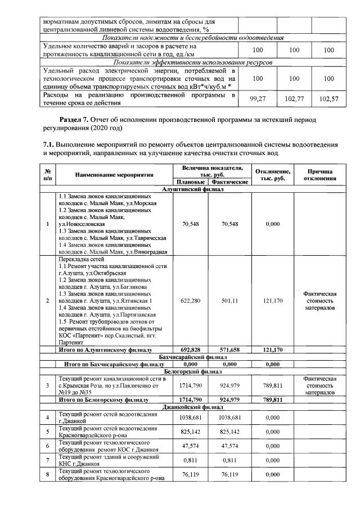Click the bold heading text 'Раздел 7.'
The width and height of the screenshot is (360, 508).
[74, 120]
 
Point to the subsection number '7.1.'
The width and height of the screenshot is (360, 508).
[49, 145]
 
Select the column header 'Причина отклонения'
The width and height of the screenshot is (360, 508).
[320, 175]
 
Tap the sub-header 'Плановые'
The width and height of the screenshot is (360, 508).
[190, 182]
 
